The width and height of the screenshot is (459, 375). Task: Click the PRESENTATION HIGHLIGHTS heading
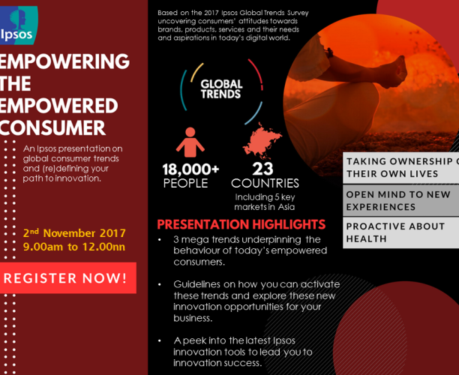(241, 224)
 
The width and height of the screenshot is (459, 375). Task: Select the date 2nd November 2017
(74, 232)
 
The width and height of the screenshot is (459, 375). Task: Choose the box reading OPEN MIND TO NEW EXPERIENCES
(401, 199)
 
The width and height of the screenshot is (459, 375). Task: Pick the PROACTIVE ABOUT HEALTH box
(401, 232)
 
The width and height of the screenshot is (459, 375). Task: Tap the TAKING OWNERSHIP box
(401, 166)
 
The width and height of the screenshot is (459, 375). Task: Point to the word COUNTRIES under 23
(265, 183)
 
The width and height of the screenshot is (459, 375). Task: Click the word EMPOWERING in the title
(64, 61)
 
